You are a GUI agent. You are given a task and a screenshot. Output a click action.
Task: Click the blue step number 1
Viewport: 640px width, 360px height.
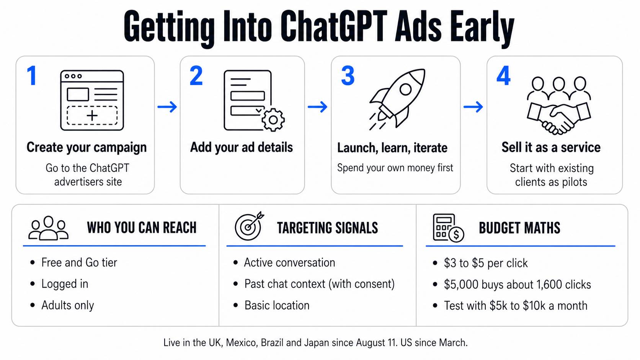(x=32, y=75)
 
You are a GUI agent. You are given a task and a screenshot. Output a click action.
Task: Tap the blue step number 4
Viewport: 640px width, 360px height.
(x=503, y=75)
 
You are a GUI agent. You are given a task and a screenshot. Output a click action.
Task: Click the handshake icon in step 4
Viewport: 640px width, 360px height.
(x=559, y=106)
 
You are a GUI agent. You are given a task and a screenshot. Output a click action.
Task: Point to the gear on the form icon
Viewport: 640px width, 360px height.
(x=273, y=120)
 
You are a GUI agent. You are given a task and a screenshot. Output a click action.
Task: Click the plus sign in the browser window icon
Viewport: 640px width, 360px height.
(x=92, y=116)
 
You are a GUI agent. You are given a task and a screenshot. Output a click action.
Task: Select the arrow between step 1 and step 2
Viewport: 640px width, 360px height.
(x=167, y=107)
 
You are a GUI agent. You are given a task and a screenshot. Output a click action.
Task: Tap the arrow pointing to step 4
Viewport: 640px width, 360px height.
(x=473, y=107)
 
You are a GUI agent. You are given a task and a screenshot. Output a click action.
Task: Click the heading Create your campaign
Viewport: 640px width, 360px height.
(x=87, y=148)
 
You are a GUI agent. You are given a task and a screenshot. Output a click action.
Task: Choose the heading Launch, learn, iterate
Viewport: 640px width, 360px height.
(x=392, y=148)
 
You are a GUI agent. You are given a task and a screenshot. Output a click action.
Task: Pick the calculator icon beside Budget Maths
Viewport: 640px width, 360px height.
(x=448, y=228)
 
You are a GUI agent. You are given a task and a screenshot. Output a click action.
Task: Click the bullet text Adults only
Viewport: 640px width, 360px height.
(x=67, y=305)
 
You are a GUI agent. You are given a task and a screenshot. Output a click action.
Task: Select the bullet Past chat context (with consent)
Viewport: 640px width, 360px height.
(x=320, y=284)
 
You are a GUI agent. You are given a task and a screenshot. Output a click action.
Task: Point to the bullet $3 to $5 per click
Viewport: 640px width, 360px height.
(x=486, y=263)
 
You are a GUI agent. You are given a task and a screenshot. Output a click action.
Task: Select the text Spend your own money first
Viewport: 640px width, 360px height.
(x=395, y=168)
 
